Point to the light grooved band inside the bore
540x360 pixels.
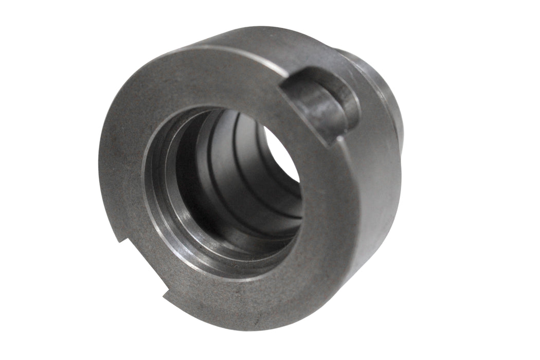[x=237, y=170]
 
